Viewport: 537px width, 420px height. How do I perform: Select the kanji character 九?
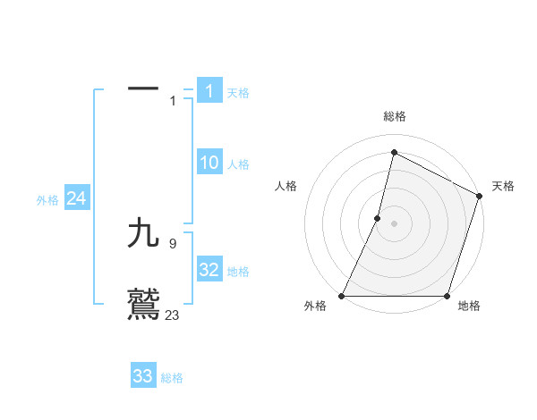pyautogui.click(x=143, y=234)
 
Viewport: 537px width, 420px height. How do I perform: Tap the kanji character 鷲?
pyautogui.click(x=143, y=304)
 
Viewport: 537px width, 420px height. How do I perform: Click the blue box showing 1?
pyautogui.click(x=209, y=90)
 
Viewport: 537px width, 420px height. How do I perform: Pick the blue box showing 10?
pyautogui.click(x=209, y=163)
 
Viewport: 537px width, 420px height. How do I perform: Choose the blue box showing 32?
pyautogui.click(x=209, y=270)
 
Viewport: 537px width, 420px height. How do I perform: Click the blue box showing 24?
pyautogui.click(x=77, y=198)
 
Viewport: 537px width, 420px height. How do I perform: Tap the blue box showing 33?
pyautogui.click(x=143, y=376)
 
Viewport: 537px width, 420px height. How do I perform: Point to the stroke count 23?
pyautogui.click(x=173, y=315)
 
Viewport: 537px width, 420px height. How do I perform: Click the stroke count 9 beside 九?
pyautogui.click(x=172, y=242)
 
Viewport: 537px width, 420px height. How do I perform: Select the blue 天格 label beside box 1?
pyautogui.click(x=238, y=93)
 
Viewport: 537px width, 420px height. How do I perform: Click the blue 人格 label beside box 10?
pyautogui.click(x=238, y=164)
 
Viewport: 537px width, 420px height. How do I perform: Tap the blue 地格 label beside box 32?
pyautogui.click(x=238, y=272)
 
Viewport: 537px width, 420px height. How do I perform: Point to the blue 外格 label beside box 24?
pyautogui.click(x=47, y=200)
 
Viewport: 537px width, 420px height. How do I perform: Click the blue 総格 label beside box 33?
pyautogui.click(x=172, y=378)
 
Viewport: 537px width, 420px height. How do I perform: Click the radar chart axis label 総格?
pyautogui.click(x=395, y=116)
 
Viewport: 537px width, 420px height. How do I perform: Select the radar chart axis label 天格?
pyautogui.click(x=503, y=186)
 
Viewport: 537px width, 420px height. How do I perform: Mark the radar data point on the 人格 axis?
pyautogui.click(x=378, y=218)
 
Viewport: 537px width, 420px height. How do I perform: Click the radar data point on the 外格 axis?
pyautogui.click(x=342, y=296)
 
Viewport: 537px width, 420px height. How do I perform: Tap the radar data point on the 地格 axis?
pyautogui.click(x=447, y=296)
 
